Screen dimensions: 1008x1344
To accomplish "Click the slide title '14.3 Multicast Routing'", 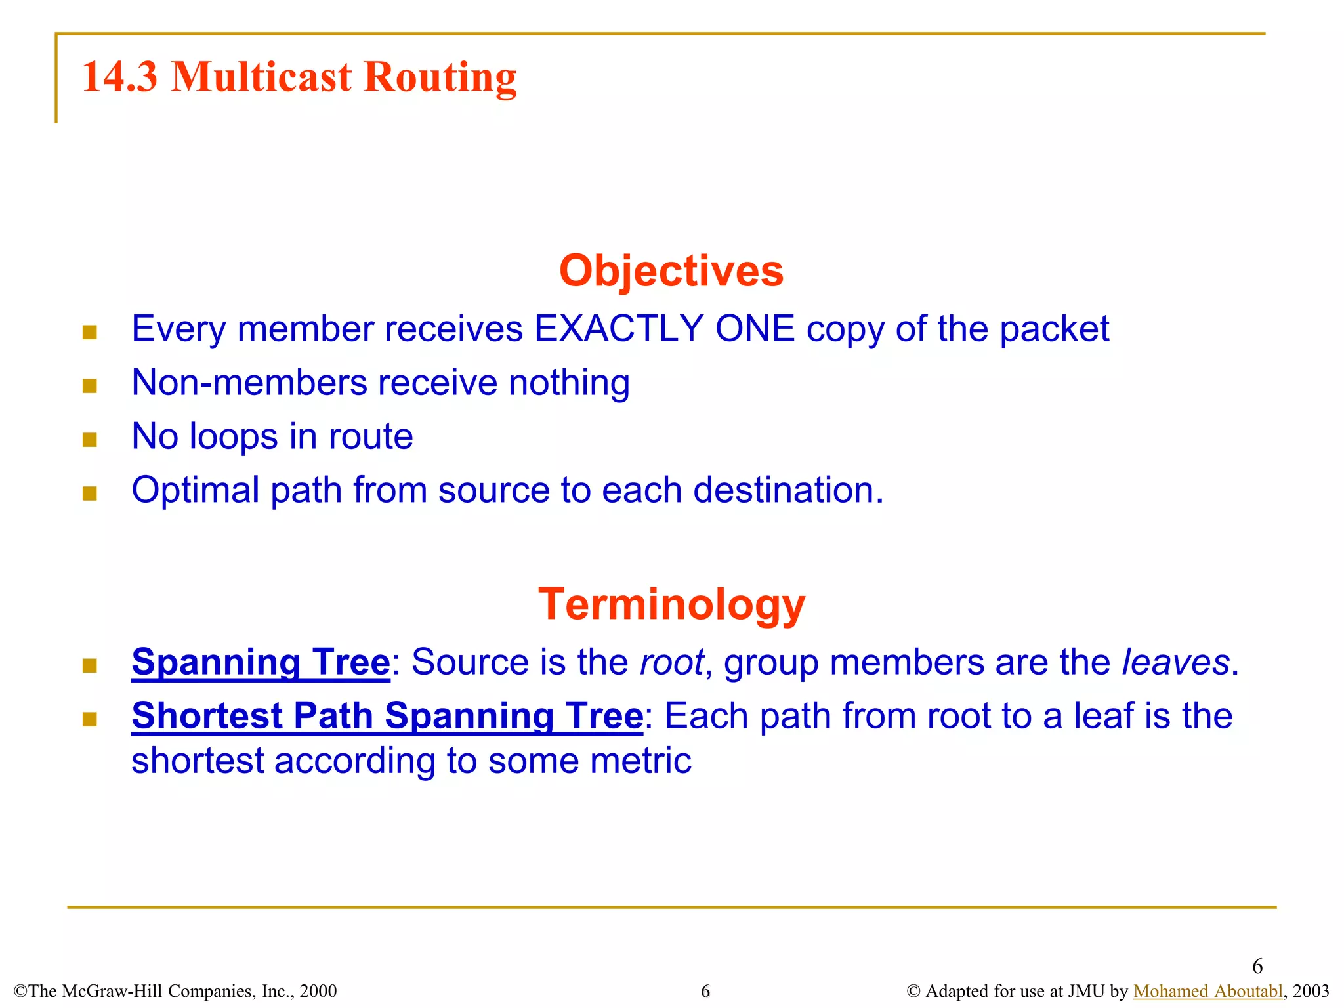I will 299,77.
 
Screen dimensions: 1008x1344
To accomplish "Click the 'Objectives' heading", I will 671,270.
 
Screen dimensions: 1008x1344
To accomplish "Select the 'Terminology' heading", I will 671,604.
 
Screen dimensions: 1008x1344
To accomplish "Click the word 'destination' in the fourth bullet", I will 784,490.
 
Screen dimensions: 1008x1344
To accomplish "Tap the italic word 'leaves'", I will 1175,661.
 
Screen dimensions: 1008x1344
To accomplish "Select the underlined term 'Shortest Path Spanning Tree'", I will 387,715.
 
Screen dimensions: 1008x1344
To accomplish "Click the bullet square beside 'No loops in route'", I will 90,439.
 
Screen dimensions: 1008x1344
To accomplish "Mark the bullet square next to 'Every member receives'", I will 90,332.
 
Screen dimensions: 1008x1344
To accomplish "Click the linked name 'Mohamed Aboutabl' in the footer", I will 1207,991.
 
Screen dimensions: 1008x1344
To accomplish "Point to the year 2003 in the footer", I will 1311,991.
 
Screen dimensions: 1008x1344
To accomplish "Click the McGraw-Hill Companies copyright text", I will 175,991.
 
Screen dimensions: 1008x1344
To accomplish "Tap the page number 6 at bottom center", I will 705,991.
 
